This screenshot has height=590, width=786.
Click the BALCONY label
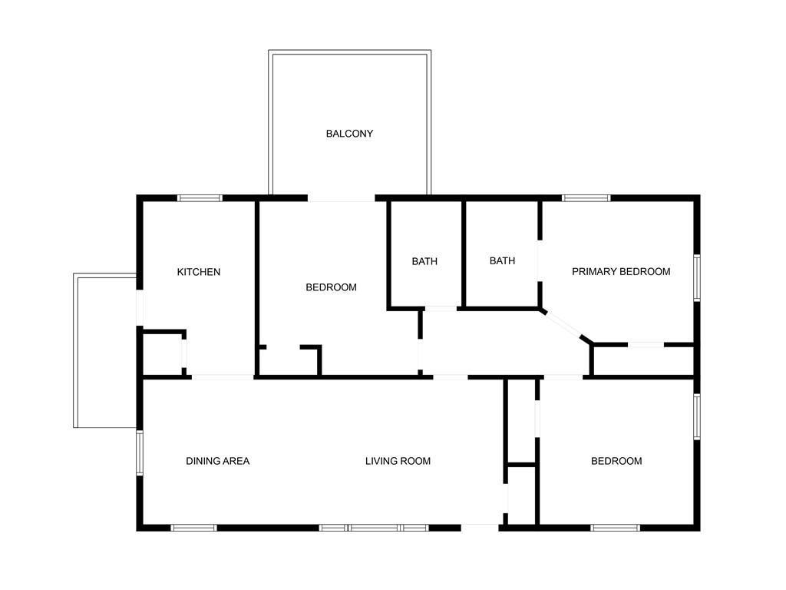tap(349, 134)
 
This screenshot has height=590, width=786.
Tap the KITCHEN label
tap(199, 272)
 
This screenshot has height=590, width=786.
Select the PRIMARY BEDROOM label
tap(621, 271)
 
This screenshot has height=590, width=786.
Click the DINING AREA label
tap(217, 461)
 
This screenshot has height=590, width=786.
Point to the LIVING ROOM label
tap(398, 461)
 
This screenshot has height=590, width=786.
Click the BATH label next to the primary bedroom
tap(502, 261)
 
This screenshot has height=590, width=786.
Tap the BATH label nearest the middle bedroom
tap(424, 261)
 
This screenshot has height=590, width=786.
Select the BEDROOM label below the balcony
tap(332, 287)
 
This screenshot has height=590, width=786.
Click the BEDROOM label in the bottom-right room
tap(616, 461)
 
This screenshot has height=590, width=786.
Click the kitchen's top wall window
tap(200, 198)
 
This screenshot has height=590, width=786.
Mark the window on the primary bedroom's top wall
tap(586, 198)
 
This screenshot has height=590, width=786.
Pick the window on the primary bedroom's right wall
tap(697, 278)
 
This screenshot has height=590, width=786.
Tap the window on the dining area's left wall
tap(140, 452)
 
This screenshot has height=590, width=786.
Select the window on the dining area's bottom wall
tap(193, 528)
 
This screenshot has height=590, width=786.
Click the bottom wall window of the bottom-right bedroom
tap(615, 528)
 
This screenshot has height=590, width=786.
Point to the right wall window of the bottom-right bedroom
tap(697, 416)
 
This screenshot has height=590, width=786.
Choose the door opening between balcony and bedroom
tap(342, 198)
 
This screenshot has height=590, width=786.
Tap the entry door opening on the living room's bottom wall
tap(480, 528)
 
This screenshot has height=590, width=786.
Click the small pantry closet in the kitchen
tap(163, 354)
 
